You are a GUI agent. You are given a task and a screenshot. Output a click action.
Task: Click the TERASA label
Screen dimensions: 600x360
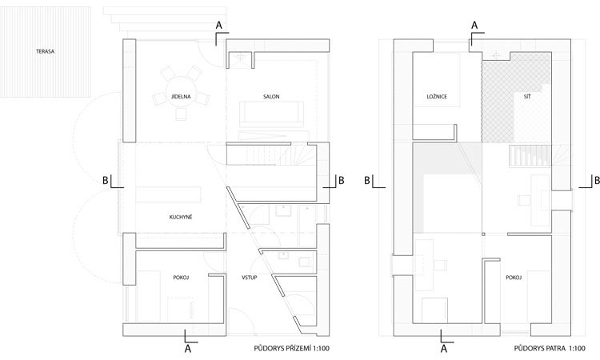[x=45, y=51]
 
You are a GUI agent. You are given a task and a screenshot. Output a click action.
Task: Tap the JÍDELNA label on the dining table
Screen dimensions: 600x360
[x=181, y=97]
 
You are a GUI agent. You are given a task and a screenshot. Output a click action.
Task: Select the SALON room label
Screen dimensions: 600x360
[x=271, y=97]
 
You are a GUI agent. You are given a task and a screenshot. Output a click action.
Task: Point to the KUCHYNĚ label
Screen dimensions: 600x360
[x=181, y=217]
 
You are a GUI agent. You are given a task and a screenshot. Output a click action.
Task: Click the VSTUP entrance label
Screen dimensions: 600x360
[x=249, y=278]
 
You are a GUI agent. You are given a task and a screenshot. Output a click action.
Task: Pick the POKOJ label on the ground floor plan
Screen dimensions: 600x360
[x=181, y=278]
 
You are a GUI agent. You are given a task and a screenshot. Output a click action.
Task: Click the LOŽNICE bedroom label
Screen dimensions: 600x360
[x=437, y=97]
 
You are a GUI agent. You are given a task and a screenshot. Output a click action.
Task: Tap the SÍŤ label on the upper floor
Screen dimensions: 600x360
[x=527, y=97]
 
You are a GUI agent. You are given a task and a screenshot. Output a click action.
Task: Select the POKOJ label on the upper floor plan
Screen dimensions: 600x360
[x=514, y=278]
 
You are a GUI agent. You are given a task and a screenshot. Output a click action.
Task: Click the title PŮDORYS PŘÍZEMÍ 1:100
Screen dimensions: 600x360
[x=291, y=348]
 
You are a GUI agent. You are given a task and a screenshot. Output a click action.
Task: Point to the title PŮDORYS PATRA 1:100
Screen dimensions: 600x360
[x=550, y=348]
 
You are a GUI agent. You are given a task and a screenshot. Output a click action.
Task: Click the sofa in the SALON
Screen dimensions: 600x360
[x=272, y=114]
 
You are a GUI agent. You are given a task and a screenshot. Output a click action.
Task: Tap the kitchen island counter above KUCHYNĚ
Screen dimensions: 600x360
[x=168, y=194]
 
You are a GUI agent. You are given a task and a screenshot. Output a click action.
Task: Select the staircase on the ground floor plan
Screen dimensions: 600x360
[x=272, y=154]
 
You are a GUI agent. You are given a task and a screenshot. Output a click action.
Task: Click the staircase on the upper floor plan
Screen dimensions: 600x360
[x=530, y=156]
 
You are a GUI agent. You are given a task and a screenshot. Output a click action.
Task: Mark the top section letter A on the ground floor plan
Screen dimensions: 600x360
[x=219, y=26]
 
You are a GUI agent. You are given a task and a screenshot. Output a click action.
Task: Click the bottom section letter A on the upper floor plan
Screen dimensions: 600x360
[x=444, y=349]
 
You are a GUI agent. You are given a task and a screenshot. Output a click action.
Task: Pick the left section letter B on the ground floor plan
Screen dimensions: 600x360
[x=106, y=180]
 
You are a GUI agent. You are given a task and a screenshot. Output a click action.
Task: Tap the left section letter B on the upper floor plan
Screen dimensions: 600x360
[x=367, y=180]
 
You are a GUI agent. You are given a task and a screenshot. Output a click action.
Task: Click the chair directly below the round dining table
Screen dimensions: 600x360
[x=181, y=114]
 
